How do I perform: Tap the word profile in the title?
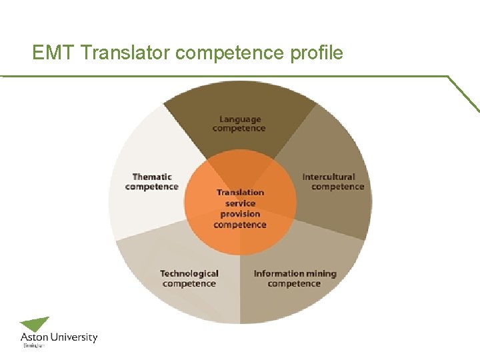coord(317,52)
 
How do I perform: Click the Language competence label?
coord(239,124)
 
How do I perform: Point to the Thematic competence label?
coord(152,182)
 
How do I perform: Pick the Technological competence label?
coord(189,279)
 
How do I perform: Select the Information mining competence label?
coord(295,279)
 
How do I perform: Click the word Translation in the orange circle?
coord(240,193)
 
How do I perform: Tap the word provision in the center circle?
coord(240,214)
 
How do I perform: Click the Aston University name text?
coord(59,338)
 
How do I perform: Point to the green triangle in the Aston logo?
coord(35,324)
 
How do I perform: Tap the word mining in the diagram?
coord(321,274)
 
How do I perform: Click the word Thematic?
coord(152,177)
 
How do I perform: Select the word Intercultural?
coord(329,177)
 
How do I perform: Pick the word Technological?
coord(189,273)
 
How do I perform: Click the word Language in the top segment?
coord(240,119)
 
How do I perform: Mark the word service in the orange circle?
coord(240,203)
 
